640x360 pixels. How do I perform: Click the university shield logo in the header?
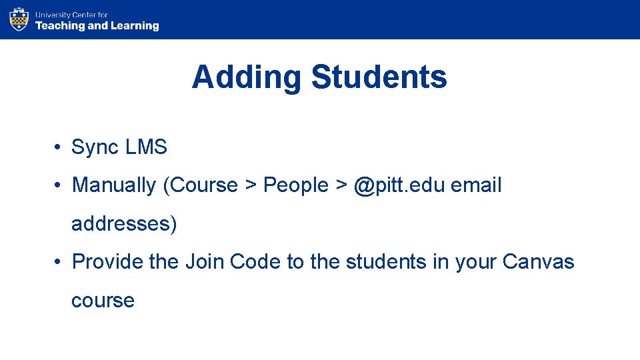[x=19, y=19]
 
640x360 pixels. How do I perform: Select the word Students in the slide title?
[x=379, y=77]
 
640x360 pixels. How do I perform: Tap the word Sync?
[x=94, y=147]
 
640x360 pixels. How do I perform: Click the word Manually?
[x=114, y=185]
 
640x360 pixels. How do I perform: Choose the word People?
[x=296, y=185]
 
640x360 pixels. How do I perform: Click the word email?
[x=476, y=185]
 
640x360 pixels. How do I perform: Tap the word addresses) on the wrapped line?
[x=125, y=223]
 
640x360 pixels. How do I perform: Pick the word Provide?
[x=107, y=261]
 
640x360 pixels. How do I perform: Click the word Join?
[x=205, y=261]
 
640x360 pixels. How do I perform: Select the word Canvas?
[x=538, y=261]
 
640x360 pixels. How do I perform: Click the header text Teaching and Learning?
[x=97, y=26]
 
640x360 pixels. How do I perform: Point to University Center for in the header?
[x=71, y=14]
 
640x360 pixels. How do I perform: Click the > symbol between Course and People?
[x=251, y=185]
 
